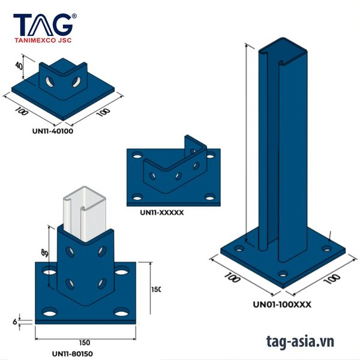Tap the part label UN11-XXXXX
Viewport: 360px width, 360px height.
click(161, 212)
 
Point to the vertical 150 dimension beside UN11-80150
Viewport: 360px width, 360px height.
click(156, 290)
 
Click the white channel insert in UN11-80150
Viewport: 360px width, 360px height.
click(84, 207)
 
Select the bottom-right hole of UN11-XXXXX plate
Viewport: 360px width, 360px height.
click(209, 196)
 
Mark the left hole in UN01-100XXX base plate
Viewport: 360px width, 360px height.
click(239, 248)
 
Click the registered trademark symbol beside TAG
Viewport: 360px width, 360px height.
click(74, 16)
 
